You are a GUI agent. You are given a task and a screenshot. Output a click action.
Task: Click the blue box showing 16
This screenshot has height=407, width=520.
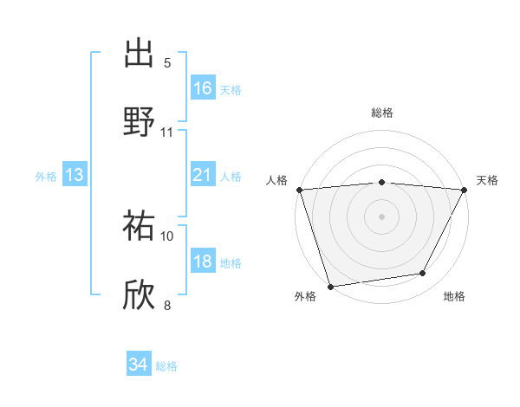[x=203, y=88]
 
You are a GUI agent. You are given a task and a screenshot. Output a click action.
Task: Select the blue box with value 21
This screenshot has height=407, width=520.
[x=203, y=176]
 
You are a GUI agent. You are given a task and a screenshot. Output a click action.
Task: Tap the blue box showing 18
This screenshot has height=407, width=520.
[x=203, y=262]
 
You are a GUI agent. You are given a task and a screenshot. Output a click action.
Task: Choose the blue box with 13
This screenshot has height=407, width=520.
[x=75, y=176]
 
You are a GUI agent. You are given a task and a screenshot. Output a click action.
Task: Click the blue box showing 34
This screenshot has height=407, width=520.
[x=139, y=365]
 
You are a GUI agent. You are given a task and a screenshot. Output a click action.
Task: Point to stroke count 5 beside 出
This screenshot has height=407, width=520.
[x=167, y=62]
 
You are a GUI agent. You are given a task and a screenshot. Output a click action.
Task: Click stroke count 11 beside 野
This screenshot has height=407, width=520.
[x=167, y=132]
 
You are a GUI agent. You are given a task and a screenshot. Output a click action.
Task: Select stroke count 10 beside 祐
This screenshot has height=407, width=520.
[x=167, y=236]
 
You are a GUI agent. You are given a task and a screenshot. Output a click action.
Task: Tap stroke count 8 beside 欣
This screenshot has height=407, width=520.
[x=167, y=305]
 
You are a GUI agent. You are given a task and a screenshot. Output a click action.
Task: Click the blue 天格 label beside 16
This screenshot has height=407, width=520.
[x=231, y=89]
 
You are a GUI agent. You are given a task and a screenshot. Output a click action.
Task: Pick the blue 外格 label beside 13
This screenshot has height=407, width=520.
[x=46, y=177]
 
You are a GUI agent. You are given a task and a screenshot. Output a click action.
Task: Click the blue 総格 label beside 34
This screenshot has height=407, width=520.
[x=166, y=366]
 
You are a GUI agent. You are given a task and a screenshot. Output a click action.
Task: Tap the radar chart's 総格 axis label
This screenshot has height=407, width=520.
[x=382, y=113]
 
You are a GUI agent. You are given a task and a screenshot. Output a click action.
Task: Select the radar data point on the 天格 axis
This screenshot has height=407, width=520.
[x=465, y=190]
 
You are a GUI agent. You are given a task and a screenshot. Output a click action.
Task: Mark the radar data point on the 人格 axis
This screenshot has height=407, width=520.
[x=299, y=190]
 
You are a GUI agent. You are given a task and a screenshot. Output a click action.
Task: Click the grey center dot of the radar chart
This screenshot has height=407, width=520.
[x=382, y=216]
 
